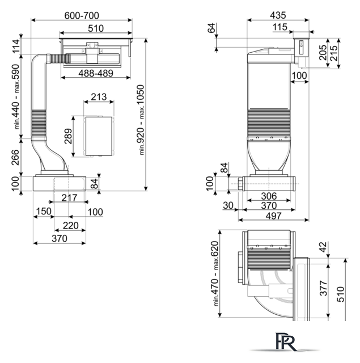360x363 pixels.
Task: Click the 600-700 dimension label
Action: pos(82,15)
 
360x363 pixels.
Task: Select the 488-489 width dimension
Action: pos(96,73)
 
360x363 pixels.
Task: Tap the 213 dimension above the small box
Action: pos(99,97)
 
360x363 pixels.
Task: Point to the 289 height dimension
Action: pos(68,136)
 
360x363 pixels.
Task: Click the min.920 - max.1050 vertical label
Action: pos(141,120)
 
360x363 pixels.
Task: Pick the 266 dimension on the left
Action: pos(15,158)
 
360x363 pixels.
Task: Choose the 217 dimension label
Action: pos(69,198)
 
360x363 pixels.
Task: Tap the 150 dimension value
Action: pos(44,211)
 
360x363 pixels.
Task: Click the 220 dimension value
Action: pos(70,225)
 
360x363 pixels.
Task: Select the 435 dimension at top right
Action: pos(278,15)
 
